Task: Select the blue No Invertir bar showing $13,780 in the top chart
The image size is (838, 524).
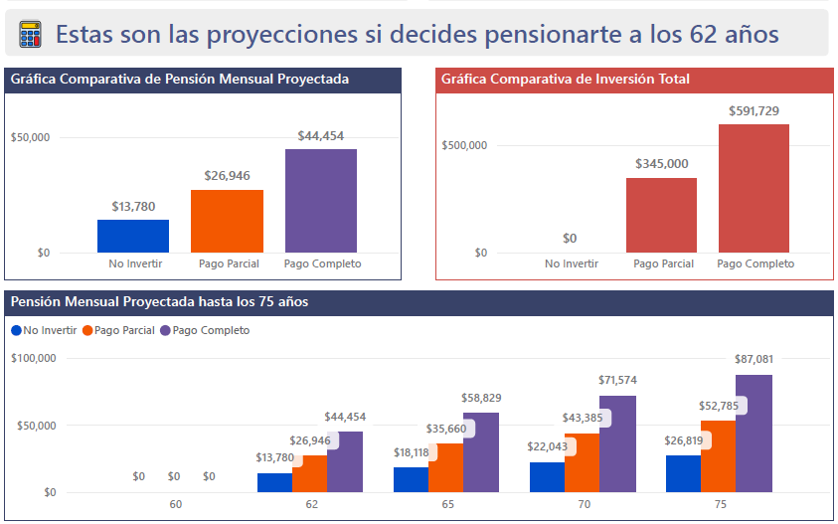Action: (x=133, y=236)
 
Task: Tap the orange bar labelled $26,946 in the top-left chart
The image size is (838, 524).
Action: (x=227, y=221)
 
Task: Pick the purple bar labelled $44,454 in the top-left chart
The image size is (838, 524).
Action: (x=321, y=201)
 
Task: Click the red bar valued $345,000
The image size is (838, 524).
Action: (x=661, y=215)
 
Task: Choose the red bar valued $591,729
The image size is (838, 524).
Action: (x=754, y=188)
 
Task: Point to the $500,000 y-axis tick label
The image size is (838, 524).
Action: (x=464, y=145)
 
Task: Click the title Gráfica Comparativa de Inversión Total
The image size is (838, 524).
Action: (x=566, y=80)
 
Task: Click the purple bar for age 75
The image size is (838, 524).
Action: (x=754, y=434)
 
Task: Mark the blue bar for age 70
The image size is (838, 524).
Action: (x=547, y=477)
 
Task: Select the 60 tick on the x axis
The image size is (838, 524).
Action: (x=176, y=505)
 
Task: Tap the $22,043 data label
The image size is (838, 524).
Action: (x=548, y=447)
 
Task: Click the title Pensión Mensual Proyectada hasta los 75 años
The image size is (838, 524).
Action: (x=159, y=301)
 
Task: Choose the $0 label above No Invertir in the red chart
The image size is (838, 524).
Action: (x=570, y=239)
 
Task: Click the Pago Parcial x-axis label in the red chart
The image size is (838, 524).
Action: (x=663, y=263)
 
